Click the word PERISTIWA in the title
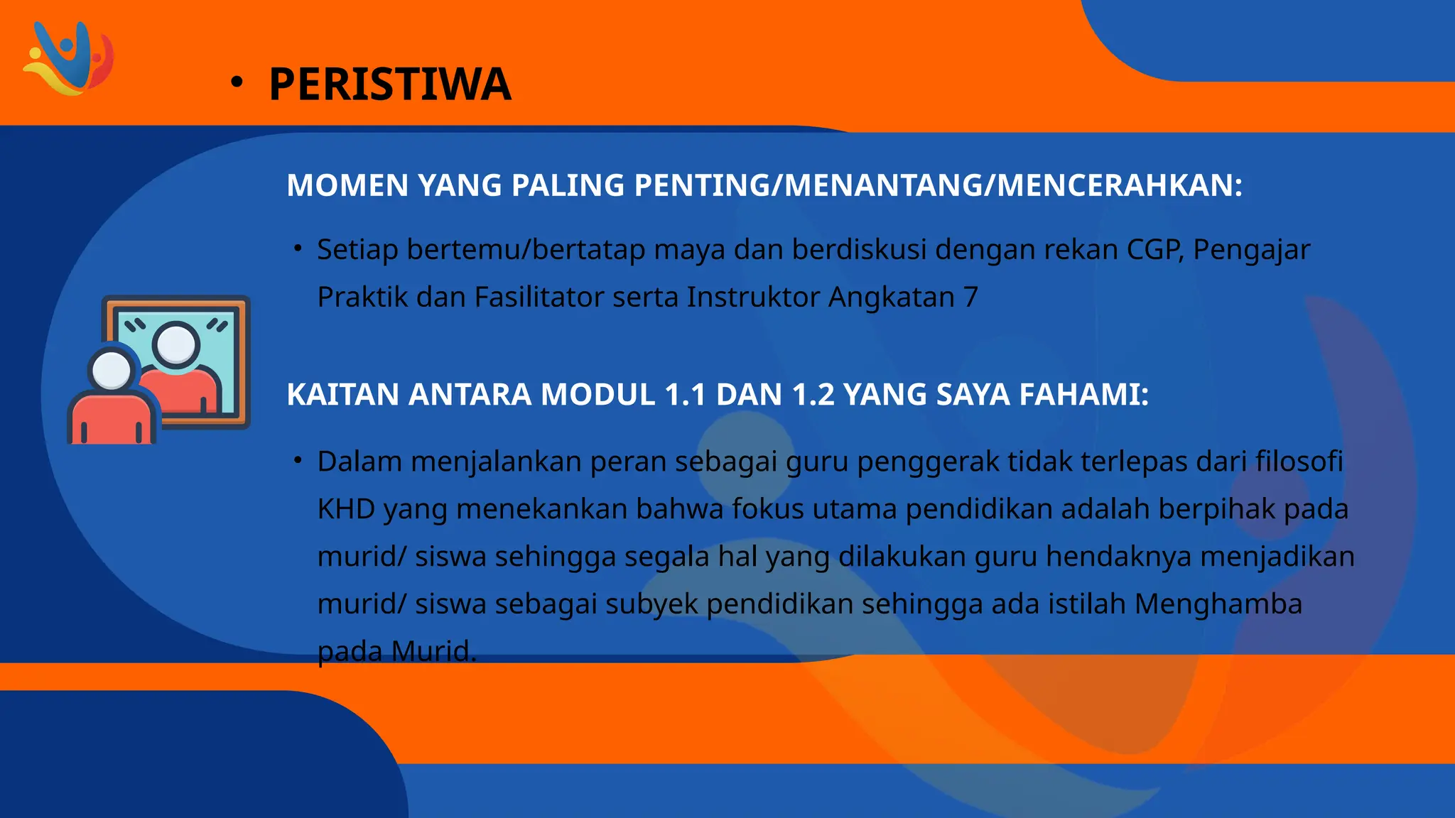point(390,84)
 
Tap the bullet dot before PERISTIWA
point(237,83)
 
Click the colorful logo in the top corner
point(68,58)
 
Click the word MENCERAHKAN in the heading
point(1119,185)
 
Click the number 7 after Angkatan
point(970,298)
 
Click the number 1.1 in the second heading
point(685,395)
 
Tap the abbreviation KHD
point(346,509)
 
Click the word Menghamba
point(1218,604)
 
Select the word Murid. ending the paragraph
point(433,651)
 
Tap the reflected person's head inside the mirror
point(175,344)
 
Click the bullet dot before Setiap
point(298,249)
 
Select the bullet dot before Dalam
point(298,461)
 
